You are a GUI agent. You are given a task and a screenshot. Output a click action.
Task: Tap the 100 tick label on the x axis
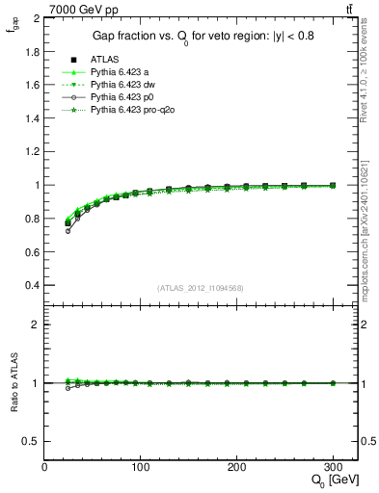click(141, 467)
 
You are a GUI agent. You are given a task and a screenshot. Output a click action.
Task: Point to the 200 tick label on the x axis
click(237, 467)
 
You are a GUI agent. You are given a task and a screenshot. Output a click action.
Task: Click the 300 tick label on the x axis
click(334, 467)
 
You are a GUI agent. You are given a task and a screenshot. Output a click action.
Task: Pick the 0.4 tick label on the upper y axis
click(30, 285)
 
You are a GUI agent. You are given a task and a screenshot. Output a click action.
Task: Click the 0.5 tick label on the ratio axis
click(30, 441)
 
